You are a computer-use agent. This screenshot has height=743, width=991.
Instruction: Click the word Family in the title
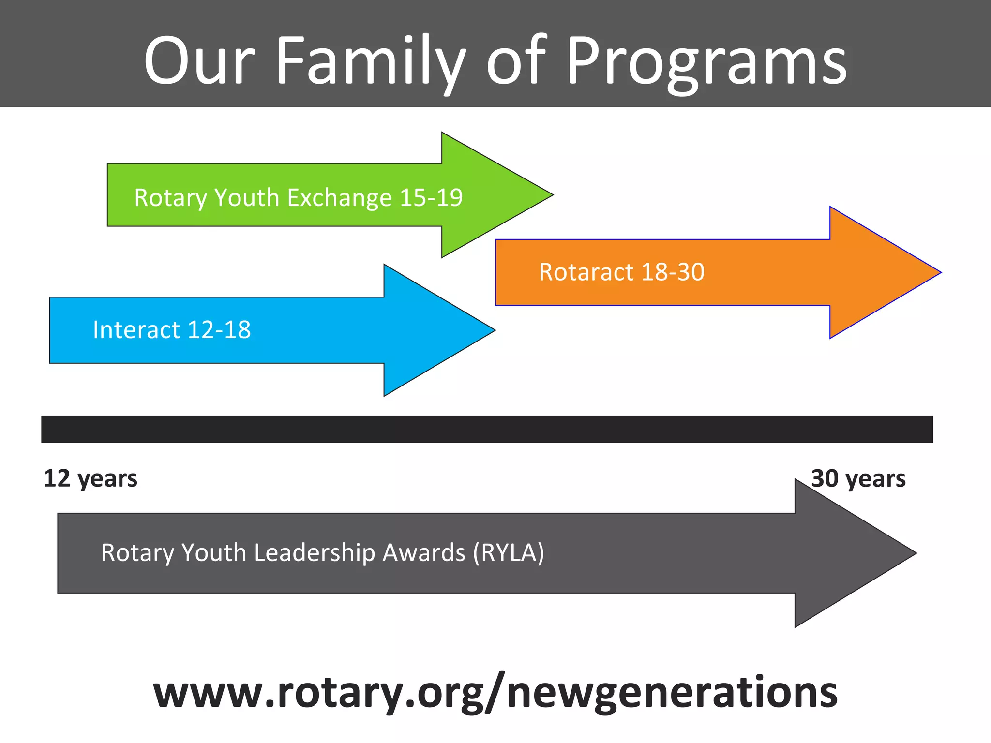pyautogui.click(x=370, y=61)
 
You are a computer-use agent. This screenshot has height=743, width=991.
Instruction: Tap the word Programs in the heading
pyautogui.click(x=706, y=61)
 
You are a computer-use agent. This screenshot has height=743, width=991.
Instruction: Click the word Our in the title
pyautogui.click(x=198, y=61)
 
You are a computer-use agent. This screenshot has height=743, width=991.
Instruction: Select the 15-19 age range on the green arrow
pyautogui.click(x=431, y=197)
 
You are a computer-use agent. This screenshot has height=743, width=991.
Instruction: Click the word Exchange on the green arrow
pyautogui.click(x=339, y=197)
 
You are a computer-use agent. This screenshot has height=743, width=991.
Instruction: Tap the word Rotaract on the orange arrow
pyautogui.click(x=586, y=272)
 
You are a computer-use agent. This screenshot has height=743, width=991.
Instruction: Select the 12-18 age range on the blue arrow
pyautogui.click(x=219, y=330)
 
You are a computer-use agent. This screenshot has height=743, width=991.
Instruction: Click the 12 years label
pyautogui.click(x=90, y=478)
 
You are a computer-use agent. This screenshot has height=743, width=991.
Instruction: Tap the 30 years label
pyautogui.click(x=858, y=478)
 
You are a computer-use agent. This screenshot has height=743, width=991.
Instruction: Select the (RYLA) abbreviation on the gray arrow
pyautogui.click(x=509, y=552)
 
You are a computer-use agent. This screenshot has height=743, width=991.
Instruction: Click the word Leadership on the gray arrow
pyautogui.click(x=315, y=552)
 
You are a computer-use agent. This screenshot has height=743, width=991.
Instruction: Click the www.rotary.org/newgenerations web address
pyautogui.click(x=495, y=692)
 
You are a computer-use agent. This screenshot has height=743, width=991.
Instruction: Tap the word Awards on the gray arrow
pyautogui.click(x=424, y=552)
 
